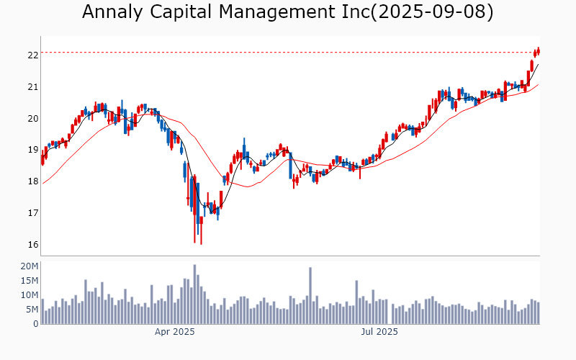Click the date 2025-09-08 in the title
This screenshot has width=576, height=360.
click(433, 12)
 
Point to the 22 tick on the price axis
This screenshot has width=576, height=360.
click(32, 55)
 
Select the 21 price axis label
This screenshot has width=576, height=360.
click(32, 87)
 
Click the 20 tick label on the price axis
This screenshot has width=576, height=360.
click(32, 119)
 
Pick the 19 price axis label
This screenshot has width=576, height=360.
click(32, 150)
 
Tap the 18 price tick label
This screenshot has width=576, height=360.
click(32, 181)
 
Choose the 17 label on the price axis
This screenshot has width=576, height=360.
click(32, 213)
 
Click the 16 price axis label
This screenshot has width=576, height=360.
click(32, 245)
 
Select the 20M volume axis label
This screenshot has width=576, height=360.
click(30, 266)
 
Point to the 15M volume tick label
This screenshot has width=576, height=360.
click(30, 281)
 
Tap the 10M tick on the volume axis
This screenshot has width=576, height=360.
click(30, 295)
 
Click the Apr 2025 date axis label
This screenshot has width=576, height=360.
click(175, 332)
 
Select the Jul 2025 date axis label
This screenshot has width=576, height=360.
click(379, 332)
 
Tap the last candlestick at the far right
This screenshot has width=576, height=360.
click(538, 50)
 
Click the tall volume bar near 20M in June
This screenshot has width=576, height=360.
click(310, 296)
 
